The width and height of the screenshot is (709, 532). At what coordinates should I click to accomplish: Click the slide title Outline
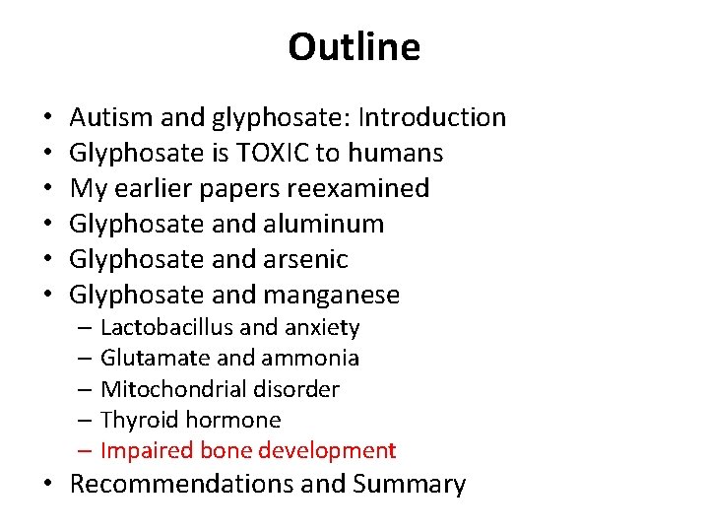[354, 47]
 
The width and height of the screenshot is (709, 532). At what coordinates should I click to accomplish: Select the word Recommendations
[185, 485]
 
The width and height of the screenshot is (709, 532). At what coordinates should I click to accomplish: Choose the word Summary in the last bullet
[409, 485]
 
